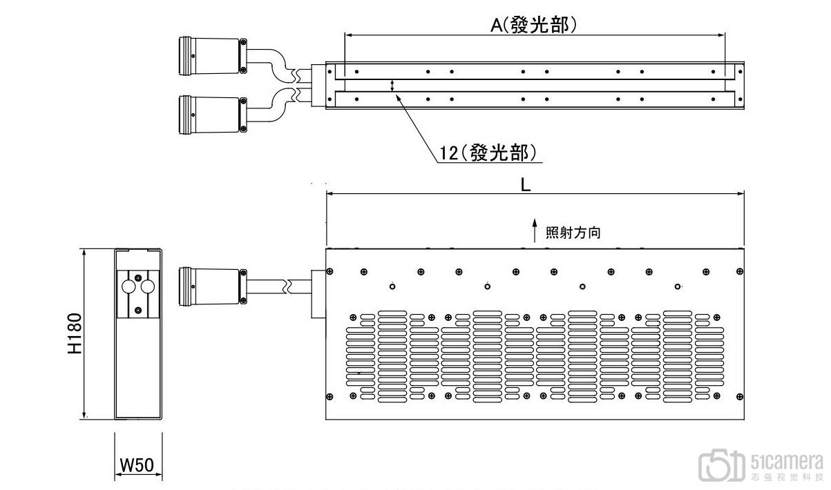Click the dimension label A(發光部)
[533, 26]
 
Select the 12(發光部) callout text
[488, 153]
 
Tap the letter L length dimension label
[526, 184]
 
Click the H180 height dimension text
[75, 333]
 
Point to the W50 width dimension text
[137, 464]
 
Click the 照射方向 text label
[573, 233]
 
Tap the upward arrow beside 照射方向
[535, 231]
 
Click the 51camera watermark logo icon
[721, 465]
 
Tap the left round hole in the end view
[128, 286]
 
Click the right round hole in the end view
[148, 286]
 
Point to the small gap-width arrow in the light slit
[392, 86]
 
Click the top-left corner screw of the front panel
[329, 271]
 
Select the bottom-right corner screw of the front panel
[740, 397]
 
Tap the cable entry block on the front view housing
[318, 294]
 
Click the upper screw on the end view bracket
[138, 278]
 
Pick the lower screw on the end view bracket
[138, 310]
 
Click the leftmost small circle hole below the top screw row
[392, 286]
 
